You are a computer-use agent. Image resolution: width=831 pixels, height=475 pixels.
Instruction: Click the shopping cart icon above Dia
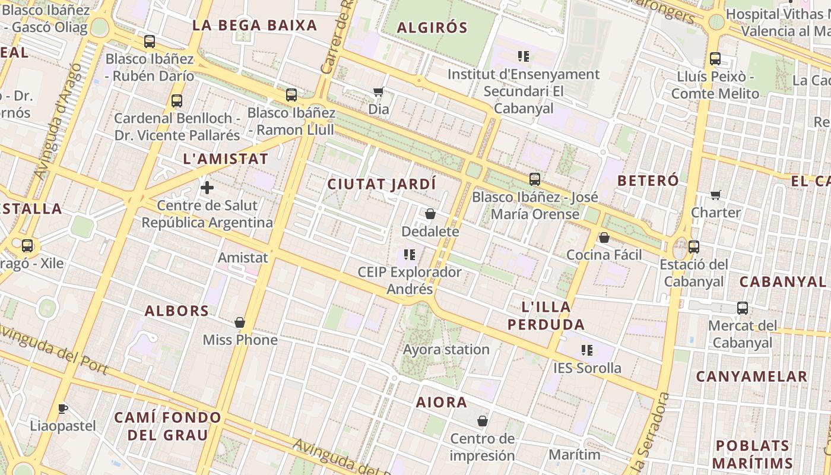378,91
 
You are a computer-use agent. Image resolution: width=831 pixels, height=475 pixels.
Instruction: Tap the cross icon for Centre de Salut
207,188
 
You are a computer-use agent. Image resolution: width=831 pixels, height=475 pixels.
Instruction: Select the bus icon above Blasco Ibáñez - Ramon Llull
291,95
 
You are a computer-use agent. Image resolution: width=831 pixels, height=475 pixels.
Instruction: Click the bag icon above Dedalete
430,214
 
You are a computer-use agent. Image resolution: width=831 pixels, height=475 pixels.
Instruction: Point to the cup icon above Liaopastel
63,408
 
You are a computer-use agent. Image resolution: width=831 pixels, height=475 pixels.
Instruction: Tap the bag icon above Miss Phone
240,322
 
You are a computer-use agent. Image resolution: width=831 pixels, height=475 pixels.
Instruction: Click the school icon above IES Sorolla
587,350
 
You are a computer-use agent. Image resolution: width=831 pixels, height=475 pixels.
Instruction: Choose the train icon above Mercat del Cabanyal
743,308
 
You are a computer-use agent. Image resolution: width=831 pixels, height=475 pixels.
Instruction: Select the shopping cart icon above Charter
716,195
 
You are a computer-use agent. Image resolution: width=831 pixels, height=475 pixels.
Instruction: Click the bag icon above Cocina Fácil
604,237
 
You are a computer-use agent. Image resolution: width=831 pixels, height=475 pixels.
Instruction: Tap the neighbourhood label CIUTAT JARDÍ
382,184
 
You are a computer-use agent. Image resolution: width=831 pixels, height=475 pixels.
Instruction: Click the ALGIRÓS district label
432,27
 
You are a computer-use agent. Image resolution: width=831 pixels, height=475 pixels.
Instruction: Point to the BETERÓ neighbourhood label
648,180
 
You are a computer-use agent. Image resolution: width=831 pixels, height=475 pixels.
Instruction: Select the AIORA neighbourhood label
442,402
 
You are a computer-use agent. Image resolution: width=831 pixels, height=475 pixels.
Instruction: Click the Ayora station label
446,349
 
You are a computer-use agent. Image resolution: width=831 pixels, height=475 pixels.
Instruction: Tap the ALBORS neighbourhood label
177,311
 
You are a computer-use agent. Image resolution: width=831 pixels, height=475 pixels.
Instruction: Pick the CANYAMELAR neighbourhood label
751,376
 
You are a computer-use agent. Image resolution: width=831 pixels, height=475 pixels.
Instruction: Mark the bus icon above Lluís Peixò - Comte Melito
715,59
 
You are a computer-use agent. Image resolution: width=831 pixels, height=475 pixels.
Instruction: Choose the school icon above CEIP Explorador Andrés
409,255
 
